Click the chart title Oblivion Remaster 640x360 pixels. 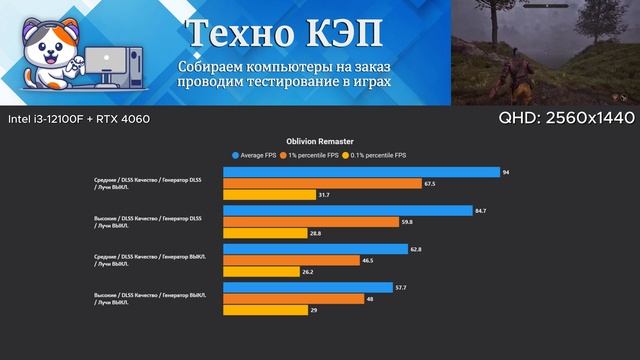(319, 142)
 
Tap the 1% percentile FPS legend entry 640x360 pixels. (314, 156)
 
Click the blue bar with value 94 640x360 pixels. (361, 172)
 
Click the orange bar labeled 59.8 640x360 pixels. (311, 223)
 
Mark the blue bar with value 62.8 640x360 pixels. (315, 249)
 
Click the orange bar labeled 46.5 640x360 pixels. (291, 261)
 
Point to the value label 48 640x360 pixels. (372, 299)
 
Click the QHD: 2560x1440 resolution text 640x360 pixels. (566, 118)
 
